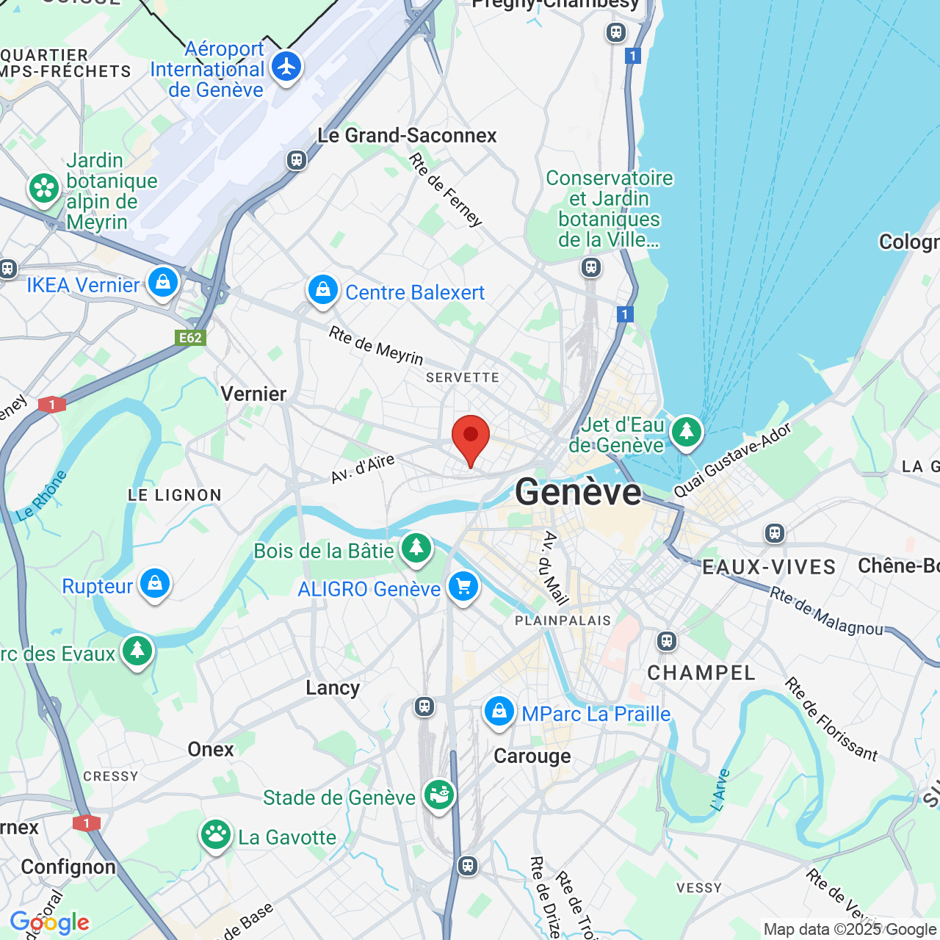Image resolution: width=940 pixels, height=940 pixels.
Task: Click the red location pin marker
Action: [470, 438]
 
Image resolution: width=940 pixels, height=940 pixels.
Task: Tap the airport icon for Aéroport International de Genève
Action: [286, 67]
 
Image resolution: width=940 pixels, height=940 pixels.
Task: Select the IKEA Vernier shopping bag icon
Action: [163, 282]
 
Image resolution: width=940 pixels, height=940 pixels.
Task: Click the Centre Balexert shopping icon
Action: [323, 290]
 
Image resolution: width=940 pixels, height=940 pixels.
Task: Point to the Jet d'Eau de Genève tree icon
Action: [687, 431]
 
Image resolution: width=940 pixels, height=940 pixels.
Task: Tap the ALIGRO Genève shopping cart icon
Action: [463, 587]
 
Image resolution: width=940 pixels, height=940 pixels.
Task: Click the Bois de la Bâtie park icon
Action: [416, 548]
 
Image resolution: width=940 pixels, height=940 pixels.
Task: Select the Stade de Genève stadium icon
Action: [439, 795]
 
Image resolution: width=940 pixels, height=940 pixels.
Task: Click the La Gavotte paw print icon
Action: [216, 834]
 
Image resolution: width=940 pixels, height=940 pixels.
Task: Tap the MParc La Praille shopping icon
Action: [499, 711]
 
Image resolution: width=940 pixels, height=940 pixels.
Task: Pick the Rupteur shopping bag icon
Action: [155, 584]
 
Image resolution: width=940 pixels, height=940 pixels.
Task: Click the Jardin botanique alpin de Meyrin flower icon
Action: [44, 189]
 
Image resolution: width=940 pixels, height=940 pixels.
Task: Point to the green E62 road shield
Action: [190, 338]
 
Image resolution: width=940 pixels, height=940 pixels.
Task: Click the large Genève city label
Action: [578, 492]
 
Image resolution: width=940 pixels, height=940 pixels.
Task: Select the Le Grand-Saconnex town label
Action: [407, 135]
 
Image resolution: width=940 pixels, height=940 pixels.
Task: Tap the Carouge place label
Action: [532, 756]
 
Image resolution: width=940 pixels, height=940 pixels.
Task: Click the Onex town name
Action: [211, 749]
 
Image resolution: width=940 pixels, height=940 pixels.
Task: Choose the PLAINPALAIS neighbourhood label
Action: [563, 621]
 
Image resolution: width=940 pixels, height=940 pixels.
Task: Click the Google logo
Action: [50, 922]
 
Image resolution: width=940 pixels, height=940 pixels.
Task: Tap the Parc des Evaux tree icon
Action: [137, 650]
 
